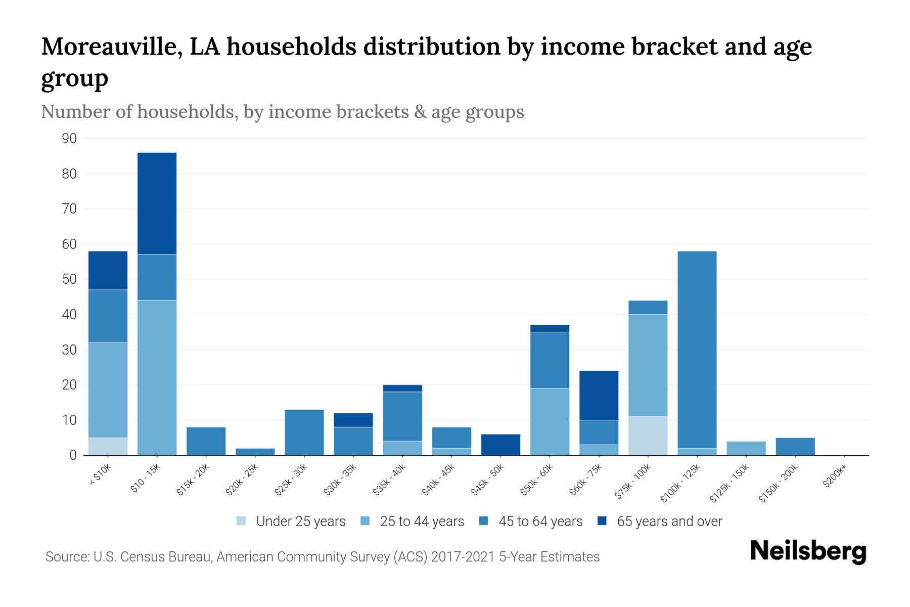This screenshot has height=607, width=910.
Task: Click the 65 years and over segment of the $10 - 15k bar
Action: click(157, 203)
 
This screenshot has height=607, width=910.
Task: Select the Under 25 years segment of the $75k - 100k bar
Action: click(648, 436)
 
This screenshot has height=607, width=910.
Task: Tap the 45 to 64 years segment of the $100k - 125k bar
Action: click(697, 350)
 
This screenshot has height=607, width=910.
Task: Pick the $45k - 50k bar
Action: click(500, 445)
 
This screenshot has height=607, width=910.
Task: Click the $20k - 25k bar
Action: click(255, 452)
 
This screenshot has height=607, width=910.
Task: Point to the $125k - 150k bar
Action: click(746, 448)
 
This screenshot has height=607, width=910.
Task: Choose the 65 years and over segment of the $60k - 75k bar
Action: click(599, 395)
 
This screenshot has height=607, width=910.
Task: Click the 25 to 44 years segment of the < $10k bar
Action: click(108, 390)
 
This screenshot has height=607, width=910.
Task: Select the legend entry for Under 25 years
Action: click(291, 522)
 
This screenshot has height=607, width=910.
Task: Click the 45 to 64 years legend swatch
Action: click(483, 521)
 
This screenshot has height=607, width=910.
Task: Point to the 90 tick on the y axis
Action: click(70, 139)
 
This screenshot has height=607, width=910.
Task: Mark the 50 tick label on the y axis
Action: click(70, 279)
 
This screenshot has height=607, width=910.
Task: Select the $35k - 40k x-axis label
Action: click(389, 481)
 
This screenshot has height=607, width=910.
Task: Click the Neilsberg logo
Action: click(808, 552)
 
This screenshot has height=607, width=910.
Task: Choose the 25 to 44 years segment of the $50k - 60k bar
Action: click(550, 421)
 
